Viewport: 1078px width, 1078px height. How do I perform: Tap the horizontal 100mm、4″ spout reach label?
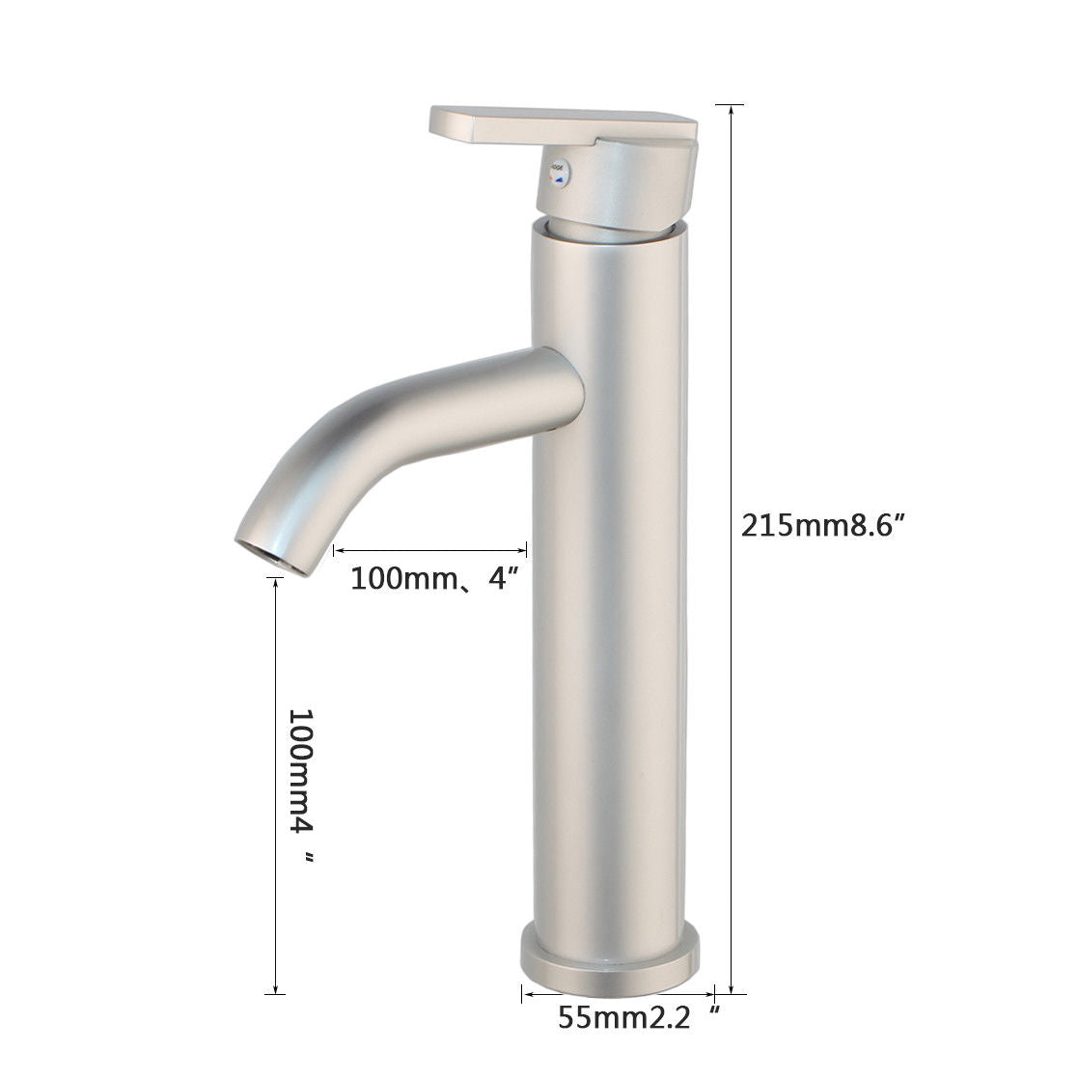pos(435,579)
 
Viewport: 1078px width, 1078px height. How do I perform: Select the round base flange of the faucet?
pos(610,961)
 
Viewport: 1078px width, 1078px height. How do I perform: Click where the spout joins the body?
pos(565,386)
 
